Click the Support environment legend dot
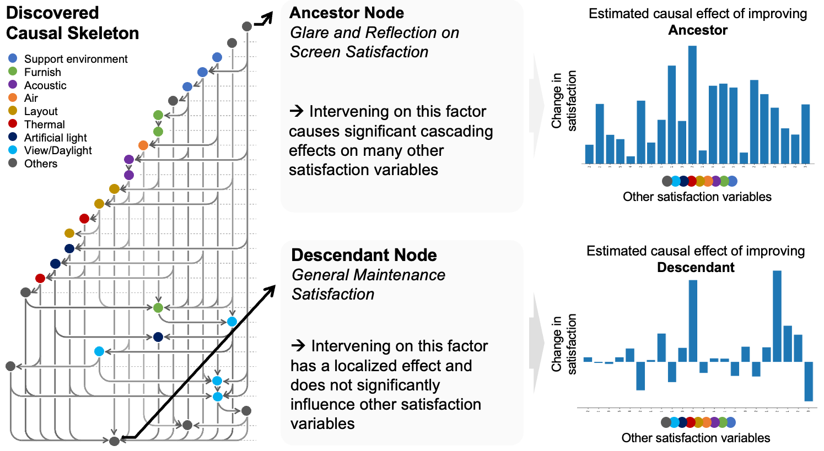point(13,58)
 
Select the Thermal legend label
point(44,124)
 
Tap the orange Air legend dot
point(13,97)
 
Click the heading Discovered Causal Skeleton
point(72,23)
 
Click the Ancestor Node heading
point(346,13)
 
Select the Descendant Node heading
point(364,255)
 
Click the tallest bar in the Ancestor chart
point(692,105)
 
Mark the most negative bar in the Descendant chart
point(809,381)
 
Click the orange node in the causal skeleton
point(143,145)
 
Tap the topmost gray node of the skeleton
point(247,26)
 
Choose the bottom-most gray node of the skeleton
point(114,441)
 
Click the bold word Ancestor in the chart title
point(698,30)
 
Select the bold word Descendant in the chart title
point(696,268)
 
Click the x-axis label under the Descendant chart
point(696,438)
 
